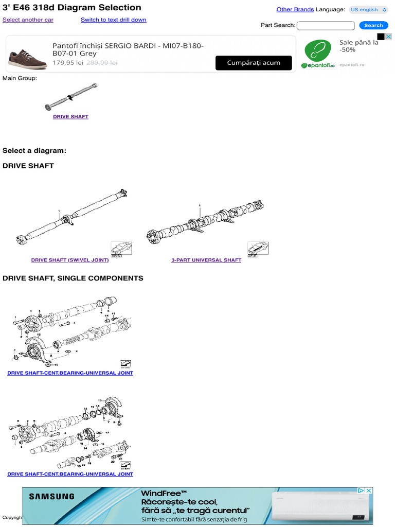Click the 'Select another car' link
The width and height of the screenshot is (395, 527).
28,20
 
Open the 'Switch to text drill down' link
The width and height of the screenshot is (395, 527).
113,20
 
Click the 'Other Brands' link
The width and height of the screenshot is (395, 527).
295,9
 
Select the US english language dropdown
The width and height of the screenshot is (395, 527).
368,9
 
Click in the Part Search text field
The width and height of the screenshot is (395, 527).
326,25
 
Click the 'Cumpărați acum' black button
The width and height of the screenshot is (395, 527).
254,63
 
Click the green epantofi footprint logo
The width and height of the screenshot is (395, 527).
318,51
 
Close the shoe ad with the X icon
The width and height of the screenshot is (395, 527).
388,37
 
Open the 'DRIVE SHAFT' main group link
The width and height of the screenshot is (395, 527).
70,117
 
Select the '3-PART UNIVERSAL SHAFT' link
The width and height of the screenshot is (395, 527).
206,260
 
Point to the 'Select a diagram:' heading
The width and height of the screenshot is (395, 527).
34,151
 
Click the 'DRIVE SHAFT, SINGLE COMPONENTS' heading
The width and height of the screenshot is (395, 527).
73,278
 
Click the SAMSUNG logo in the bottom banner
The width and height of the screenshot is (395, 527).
51,497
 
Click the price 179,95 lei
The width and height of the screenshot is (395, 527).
68,62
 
